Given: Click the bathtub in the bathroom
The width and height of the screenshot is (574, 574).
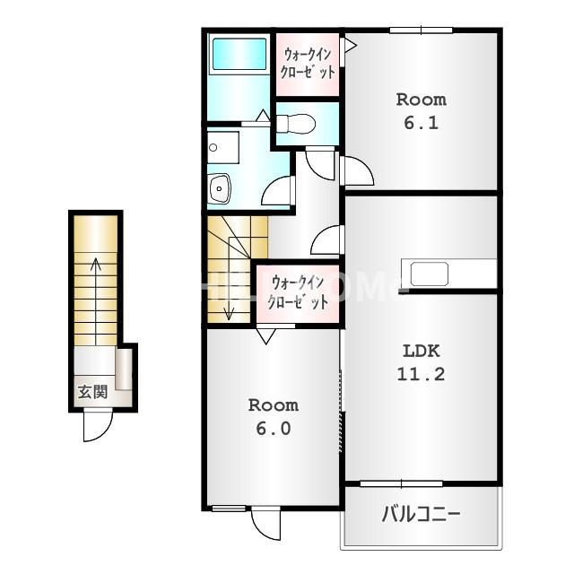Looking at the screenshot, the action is pos(239,54).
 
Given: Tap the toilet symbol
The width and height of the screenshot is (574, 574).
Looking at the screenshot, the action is pos(296,124).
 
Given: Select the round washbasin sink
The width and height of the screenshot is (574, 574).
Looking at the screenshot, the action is pos(219,188).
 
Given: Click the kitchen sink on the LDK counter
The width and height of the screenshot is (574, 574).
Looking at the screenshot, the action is pos(430,274).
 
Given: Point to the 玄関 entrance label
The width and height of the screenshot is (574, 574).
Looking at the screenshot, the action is pos(93,393).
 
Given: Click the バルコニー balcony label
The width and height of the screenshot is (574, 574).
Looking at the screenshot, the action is pos(421,514).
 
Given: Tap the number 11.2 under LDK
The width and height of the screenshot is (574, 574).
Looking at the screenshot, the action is pos(421,375).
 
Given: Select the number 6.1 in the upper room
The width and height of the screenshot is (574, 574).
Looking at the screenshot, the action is pos(421,123).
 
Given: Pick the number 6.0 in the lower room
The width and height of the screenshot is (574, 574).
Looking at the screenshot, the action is pos(274,429).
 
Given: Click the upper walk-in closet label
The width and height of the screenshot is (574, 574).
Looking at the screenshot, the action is pos(308,64).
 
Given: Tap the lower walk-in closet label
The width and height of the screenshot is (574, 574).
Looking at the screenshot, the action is pos(298,293).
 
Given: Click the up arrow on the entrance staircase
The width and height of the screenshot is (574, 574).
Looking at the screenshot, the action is pos(96,301).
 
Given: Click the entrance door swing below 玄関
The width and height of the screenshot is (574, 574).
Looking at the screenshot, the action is pos(98,427).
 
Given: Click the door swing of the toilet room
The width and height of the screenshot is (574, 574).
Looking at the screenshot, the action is pos(320,164).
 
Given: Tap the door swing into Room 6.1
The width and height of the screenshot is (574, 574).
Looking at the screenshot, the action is pos(357,171).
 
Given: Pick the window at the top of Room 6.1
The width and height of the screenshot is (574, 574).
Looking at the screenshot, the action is pos(421,30).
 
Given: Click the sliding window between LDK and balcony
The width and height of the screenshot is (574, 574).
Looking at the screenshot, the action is pos(402,484).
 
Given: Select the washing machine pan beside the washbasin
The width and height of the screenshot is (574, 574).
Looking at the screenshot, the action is pos(223,147).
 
